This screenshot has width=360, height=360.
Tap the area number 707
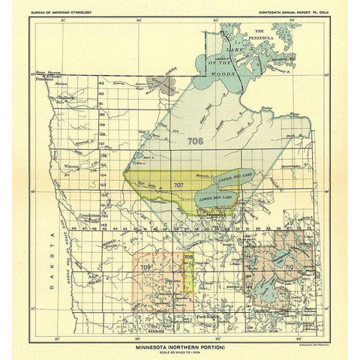point(178,184)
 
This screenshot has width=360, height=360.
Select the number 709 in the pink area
point(146,266)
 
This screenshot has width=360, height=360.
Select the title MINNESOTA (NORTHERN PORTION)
point(181,328)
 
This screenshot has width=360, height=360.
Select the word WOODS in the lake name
point(227,83)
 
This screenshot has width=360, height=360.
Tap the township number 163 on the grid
point(120,88)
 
